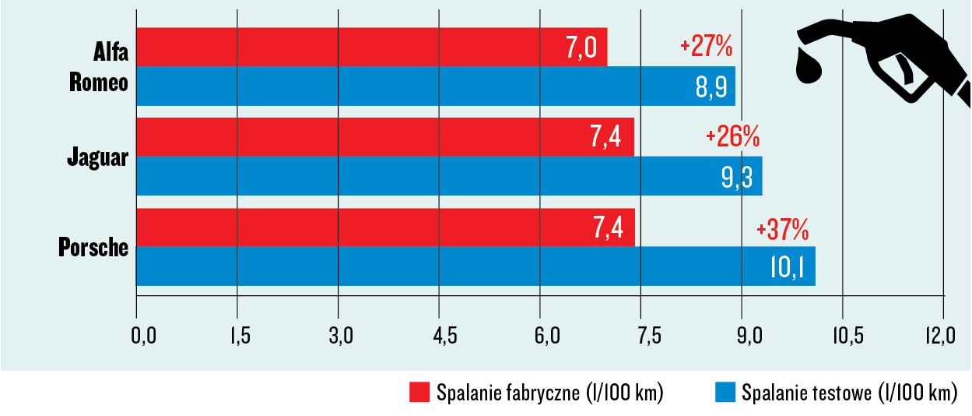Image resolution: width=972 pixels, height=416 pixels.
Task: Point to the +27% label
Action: (706, 47)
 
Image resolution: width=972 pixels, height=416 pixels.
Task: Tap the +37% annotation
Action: (782, 230)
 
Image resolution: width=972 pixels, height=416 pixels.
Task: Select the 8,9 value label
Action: (711, 86)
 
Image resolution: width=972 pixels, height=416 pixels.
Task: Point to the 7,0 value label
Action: (581, 48)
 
